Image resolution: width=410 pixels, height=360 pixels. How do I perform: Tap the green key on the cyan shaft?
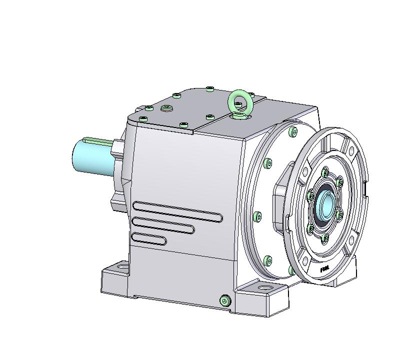(x=97, y=140)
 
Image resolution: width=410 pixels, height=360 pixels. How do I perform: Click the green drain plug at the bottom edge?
(x=224, y=300)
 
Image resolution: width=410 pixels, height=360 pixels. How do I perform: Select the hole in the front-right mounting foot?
(x=262, y=288)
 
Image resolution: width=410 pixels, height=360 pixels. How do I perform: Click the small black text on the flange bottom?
(x=324, y=268)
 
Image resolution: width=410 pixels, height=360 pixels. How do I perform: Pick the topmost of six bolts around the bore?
(x=325, y=173)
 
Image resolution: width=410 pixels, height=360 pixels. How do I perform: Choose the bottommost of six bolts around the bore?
(x=325, y=237)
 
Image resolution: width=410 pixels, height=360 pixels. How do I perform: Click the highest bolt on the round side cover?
(x=292, y=132)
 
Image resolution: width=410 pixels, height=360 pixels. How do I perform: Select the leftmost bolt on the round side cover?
(x=257, y=216)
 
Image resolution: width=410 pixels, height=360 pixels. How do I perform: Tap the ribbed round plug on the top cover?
(x=166, y=108)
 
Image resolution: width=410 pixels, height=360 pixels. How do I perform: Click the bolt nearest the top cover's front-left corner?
(x=143, y=118)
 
